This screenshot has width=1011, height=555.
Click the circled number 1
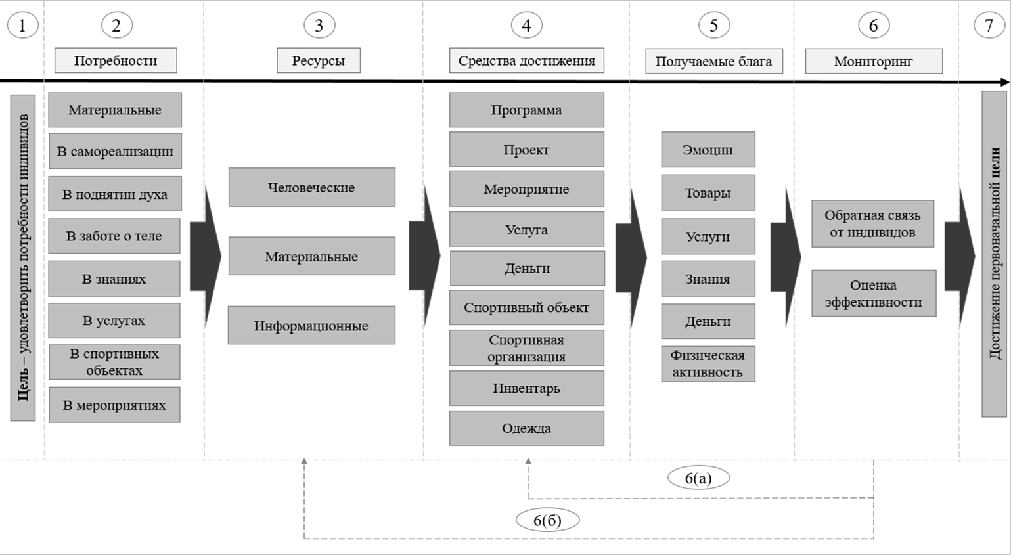[22, 26]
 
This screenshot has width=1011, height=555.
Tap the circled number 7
[989, 26]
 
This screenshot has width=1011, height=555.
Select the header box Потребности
[116, 60]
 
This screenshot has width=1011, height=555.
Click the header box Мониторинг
[873, 61]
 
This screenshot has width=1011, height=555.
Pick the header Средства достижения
[526, 60]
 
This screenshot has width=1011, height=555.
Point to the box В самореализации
[115, 151]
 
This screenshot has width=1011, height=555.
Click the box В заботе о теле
[114, 236]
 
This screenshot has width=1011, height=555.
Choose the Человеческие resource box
[311, 187]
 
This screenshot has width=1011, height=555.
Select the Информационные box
[311, 325]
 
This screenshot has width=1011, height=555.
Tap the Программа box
[526, 110]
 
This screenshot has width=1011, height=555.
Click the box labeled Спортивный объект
[526, 307]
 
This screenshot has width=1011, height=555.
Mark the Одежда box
[526, 428]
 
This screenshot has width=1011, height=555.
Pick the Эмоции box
[708, 150]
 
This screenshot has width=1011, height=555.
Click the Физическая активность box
[708, 364]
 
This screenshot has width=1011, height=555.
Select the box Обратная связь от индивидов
[872, 224]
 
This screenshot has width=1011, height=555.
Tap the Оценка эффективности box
[873, 294]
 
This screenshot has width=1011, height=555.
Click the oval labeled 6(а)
[698, 478]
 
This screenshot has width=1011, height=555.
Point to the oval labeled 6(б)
[547, 520]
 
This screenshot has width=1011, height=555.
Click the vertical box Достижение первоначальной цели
[994, 254]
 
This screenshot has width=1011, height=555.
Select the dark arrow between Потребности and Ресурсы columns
[204, 257]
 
